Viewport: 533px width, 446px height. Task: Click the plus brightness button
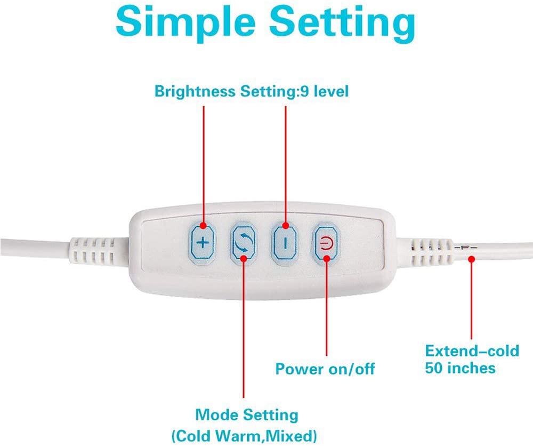tap(203, 243)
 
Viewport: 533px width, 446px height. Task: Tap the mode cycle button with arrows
tap(244, 243)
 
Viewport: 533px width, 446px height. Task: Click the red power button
tap(326, 243)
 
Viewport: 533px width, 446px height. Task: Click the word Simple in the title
tap(185, 21)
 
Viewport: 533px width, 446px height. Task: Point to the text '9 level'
tap(323, 92)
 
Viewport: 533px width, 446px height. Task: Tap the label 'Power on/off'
tap(325, 369)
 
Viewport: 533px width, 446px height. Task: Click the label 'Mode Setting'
tap(247, 415)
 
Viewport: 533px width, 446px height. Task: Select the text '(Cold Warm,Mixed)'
tap(244, 436)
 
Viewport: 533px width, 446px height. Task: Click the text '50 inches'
tap(460, 368)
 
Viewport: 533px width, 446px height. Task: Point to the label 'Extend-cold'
tap(472, 351)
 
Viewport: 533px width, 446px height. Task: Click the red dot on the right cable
tap(471, 259)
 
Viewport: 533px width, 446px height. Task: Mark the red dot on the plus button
tap(203, 226)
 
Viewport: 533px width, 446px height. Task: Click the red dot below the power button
tap(326, 258)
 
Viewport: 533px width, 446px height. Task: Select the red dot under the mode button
tap(244, 258)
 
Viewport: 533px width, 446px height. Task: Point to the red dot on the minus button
tap(286, 226)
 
